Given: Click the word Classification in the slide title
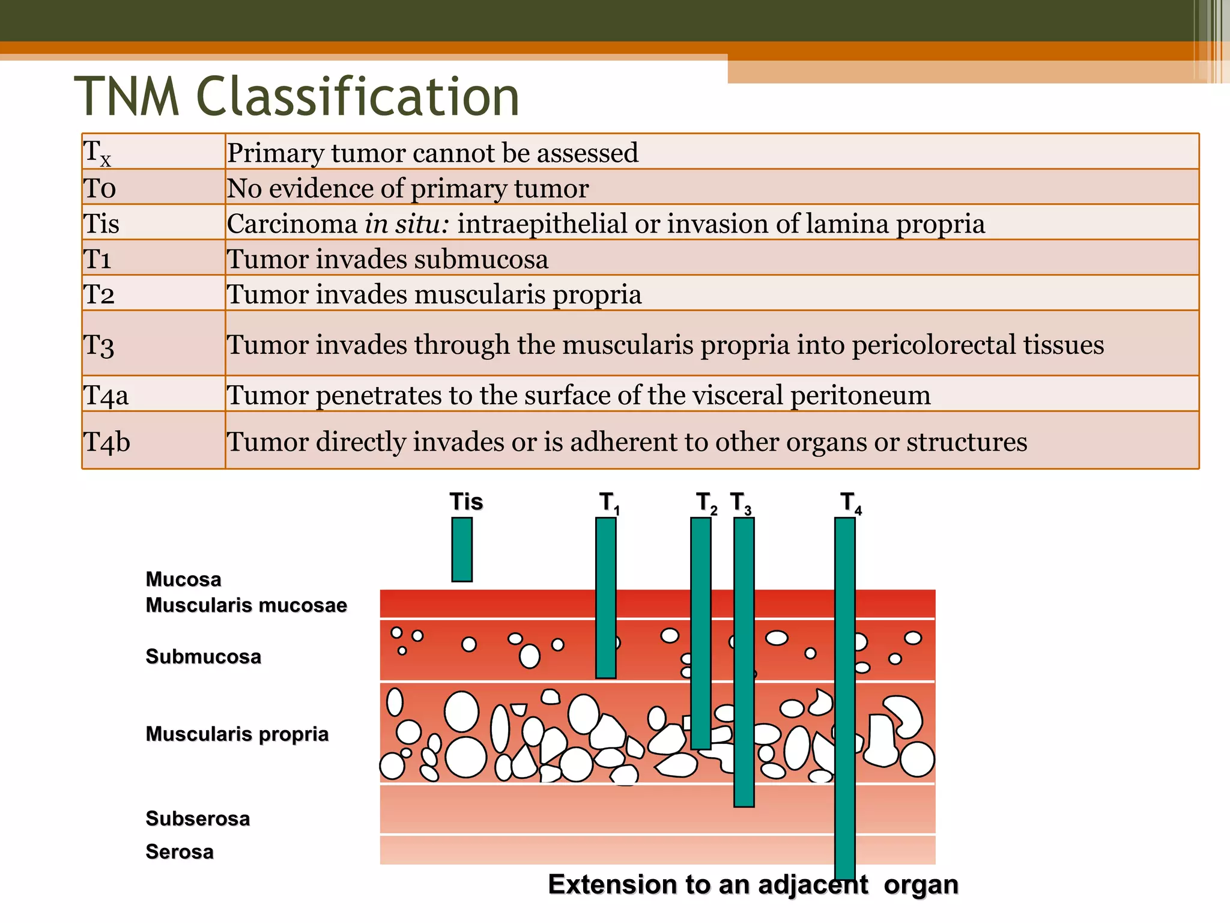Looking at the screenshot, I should coord(358,97).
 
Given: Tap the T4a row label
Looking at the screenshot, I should coord(106,395).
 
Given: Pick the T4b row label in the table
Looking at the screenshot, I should coord(107,442).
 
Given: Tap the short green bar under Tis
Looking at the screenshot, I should coord(462,549).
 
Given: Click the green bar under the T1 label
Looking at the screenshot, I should coord(605,598).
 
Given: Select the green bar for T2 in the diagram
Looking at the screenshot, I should coord(700,633).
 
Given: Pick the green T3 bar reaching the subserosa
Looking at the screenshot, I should coord(744,661).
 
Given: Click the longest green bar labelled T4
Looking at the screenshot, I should coord(844,697).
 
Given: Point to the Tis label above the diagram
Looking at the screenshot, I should coord(466,502).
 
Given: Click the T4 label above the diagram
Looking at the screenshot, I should coord(850,502).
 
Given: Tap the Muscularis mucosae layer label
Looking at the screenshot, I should coord(246,605).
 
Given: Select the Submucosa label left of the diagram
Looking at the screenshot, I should coord(203,657).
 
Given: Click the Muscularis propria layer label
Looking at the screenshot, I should coord(237,734).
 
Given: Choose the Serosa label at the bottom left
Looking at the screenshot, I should coord(180,852).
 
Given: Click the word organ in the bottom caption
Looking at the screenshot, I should coord(921,885).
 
